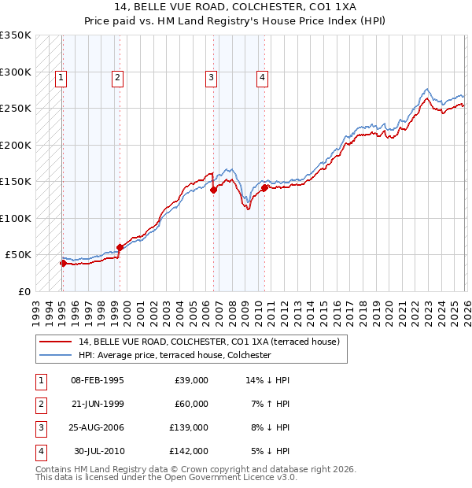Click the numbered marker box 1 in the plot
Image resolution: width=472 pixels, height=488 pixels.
click(61, 77)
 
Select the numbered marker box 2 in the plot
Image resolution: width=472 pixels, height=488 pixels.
click(117, 77)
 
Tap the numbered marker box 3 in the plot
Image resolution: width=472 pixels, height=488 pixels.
click(212, 77)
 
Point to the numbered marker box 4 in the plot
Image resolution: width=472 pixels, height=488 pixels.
click(262, 77)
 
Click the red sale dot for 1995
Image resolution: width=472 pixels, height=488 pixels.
click(63, 264)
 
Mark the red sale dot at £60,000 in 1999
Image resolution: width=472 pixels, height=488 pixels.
click(120, 248)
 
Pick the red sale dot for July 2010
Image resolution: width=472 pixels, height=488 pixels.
click(264, 187)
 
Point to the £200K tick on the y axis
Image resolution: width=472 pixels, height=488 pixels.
click(16, 145)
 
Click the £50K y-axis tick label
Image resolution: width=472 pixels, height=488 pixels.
click(18, 255)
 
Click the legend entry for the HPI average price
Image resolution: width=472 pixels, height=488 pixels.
click(174, 356)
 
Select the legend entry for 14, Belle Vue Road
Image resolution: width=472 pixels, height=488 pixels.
click(208, 342)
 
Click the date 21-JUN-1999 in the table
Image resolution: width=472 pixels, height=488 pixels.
click(98, 404)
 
